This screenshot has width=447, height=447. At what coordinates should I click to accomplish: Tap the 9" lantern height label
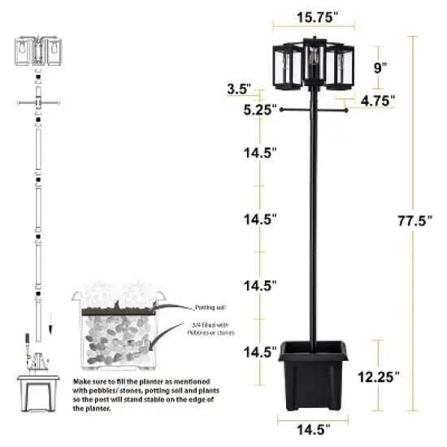(x=380, y=68)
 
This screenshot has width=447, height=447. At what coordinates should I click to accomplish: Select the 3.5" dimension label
(x=239, y=89)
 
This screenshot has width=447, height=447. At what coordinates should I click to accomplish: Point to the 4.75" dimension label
(x=377, y=100)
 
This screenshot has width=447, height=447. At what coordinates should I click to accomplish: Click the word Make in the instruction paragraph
(x=81, y=380)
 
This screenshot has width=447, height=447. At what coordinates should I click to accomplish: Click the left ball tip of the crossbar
(x=281, y=115)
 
